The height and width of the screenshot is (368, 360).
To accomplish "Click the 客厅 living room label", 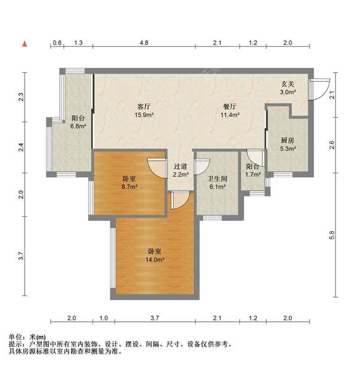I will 142,106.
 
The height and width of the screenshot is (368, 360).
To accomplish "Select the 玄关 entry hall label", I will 289,84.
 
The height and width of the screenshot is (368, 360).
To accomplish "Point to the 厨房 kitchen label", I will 287,140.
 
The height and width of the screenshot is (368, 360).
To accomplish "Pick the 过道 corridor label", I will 181,166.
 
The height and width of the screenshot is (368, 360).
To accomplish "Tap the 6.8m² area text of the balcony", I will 78,127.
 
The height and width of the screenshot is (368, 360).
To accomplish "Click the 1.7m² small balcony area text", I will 253,175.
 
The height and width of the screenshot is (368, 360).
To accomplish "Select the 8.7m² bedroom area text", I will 129,187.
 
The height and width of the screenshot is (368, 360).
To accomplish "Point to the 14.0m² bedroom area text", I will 155,259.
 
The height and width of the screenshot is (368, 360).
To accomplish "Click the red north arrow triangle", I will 25,43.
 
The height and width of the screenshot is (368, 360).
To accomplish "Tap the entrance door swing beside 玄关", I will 320,89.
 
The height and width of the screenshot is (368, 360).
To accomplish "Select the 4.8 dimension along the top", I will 144,43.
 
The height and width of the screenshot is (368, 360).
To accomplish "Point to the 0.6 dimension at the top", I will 57,43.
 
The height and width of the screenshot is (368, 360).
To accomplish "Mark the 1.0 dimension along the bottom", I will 103,317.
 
